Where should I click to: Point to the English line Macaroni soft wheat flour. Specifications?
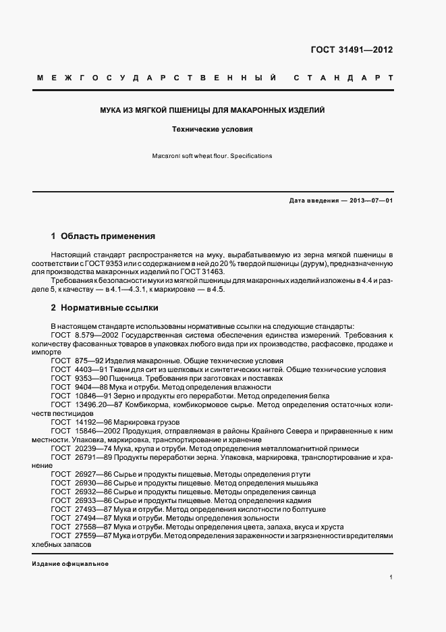[x=213, y=156]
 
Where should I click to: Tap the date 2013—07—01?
[x=370, y=201]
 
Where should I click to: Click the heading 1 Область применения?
[x=103, y=236]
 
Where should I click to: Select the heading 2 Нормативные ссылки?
[x=105, y=308]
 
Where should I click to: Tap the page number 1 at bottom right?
[x=391, y=578]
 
